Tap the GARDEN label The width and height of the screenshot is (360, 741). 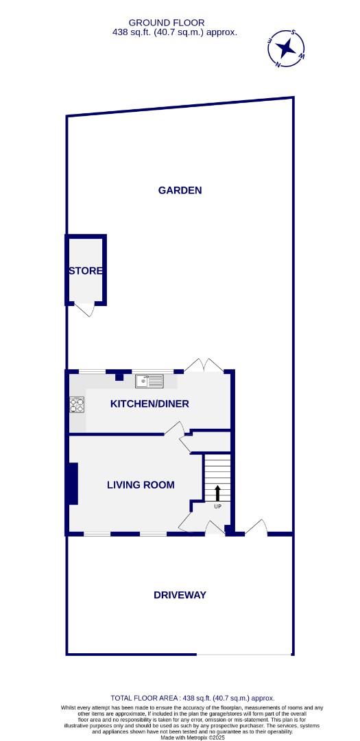pyautogui.click(x=180, y=190)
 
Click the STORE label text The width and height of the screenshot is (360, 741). pyautogui.click(x=86, y=271)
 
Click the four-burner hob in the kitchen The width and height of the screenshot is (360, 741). pyautogui.click(x=76, y=405)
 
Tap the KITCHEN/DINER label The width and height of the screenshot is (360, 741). pyautogui.click(x=149, y=403)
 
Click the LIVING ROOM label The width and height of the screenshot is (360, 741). pyautogui.click(x=140, y=484)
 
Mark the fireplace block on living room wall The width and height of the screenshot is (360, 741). pyautogui.click(x=72, y=484)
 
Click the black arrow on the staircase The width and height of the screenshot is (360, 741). pyautogui.click(x=217, y=493)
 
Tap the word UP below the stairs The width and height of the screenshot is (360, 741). pyautogui.click(x=217, y=507)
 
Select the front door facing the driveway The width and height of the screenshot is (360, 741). pyautogui.click(x=215, y=528)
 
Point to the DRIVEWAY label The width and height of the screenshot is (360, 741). pyautogui.click(x=180, y=595)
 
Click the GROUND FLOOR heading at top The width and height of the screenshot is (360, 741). pyautogui.click(x=166, y=23)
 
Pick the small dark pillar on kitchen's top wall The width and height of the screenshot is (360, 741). pyautogui.click(x=119, y=375)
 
